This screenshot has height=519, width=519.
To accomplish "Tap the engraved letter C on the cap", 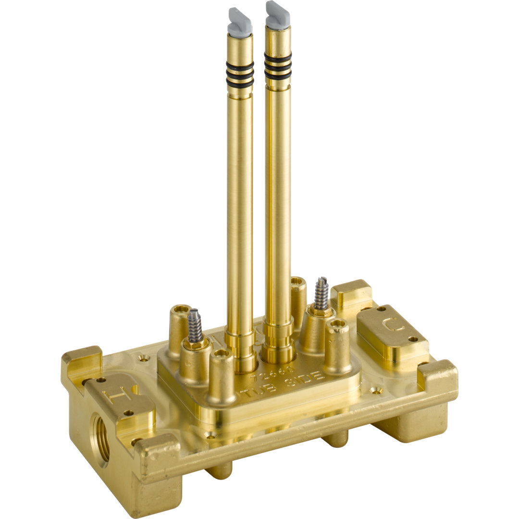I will point(393,327).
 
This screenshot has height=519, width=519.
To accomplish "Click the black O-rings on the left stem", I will point(240,75).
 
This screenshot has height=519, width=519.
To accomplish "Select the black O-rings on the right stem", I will point(278,68).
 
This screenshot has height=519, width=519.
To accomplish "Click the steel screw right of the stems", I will point(321,294).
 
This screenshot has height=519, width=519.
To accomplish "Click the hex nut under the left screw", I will point(195,343).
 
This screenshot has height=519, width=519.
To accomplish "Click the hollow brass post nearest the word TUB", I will point(222,374).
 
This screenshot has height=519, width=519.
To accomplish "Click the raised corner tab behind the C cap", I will point(352,293).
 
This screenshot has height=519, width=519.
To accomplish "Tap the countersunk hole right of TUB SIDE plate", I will point(376,391).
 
